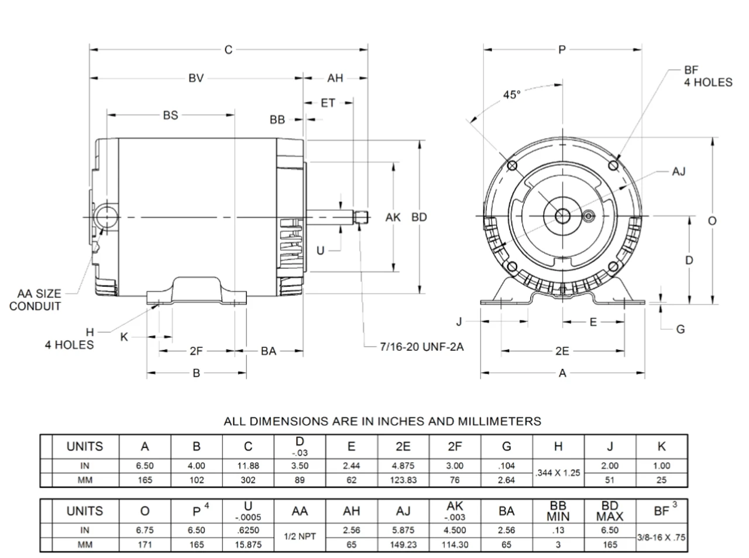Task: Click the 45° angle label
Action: pos(511,94)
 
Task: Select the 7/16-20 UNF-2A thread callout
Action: pos(421,347)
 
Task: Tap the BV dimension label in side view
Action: pos(196,78)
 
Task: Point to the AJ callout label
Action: pos(679,172)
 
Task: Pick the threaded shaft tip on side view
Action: pos(361,217)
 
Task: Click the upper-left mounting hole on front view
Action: pos(512,165)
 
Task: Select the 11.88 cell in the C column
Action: pos(248,466)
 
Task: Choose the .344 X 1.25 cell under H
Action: pos(558,473)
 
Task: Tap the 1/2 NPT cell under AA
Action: pos(300,537)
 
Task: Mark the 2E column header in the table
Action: pos(403,447)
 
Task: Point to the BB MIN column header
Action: pos(558,511)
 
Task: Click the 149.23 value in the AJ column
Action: pos(403,545)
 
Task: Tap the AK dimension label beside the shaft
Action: pos(393,217)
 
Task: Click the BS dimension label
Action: pos(170,115)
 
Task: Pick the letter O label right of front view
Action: pos(712,221)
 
